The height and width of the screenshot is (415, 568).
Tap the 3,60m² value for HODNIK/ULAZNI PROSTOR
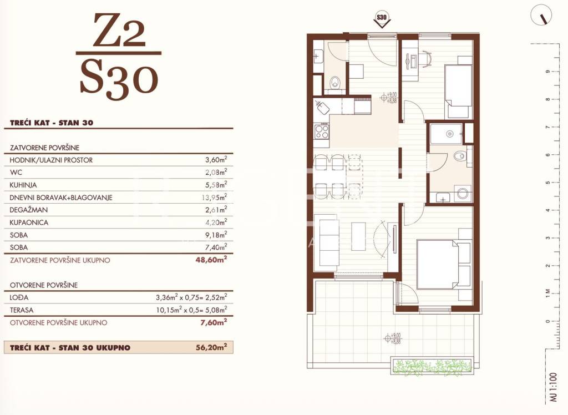[216, 159]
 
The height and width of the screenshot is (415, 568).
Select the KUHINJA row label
[23, 185]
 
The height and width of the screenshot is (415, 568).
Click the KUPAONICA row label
[29, 222]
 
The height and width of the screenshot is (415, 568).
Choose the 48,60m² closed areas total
[211, 260]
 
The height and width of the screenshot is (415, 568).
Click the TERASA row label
[22, 310]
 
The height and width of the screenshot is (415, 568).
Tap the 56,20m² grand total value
[211, 347]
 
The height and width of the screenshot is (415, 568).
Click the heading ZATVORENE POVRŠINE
[44, 148]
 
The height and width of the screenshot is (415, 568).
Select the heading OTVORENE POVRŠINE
[44, 285]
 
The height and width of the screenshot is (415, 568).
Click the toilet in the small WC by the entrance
[334, 82]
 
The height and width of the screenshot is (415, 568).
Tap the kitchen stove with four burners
[321, 131]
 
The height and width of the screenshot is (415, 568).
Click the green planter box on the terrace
[433, 366]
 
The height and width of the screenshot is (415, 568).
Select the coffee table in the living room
[358, 236]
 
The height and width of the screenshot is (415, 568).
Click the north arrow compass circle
[541, 16]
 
